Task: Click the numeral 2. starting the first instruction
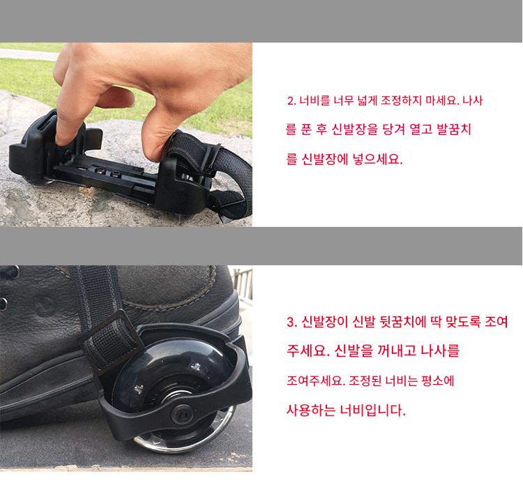tap(291, 101)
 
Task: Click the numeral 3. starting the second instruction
tap(291, 322)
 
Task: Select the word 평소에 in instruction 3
tap(438, 380)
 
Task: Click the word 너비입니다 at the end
tap(372, 410)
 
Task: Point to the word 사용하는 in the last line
tap(311, 410)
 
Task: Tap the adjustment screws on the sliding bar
tap(107, 172)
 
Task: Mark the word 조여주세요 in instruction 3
tap(314, 380)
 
